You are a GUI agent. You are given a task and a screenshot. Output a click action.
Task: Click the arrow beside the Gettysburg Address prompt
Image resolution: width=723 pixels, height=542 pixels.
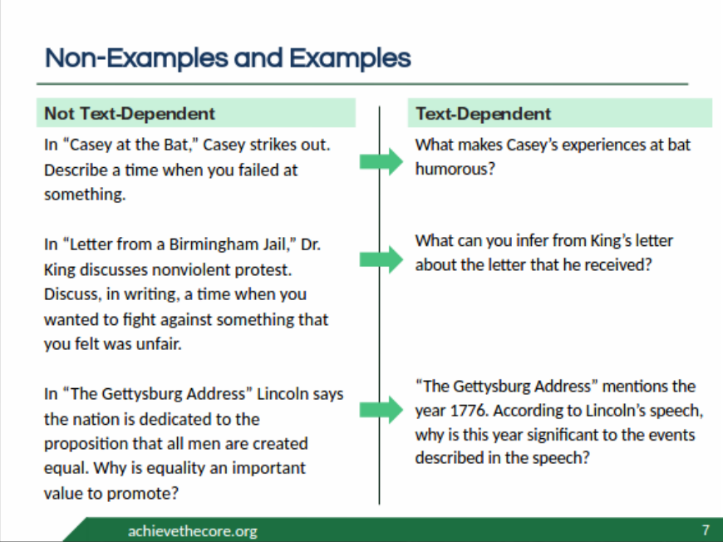(381, 410)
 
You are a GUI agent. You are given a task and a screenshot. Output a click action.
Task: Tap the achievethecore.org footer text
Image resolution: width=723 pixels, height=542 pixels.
(193, 530)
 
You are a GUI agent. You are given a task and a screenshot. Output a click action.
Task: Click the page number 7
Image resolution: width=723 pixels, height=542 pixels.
(706, 530)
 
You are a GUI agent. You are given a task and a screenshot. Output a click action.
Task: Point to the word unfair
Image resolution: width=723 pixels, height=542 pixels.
(160, 343)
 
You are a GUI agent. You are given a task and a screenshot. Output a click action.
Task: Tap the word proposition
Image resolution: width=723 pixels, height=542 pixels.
(87, 443)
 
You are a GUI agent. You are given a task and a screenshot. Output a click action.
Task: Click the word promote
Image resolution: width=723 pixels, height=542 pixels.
(153, 492)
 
